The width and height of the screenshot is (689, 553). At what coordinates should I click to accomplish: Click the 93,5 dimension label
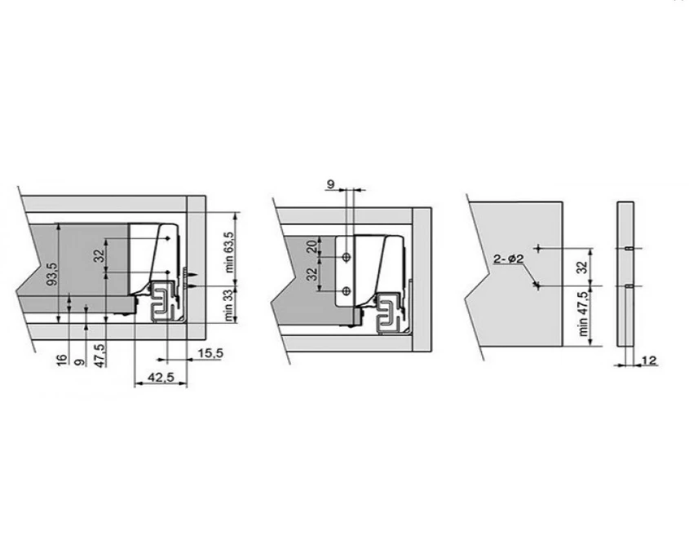[52, 273]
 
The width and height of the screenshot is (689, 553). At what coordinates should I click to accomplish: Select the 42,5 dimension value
[161, 377]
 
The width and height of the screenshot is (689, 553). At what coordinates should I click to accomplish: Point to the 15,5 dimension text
[210, 353]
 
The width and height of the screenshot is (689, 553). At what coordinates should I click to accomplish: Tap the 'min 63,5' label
[230, 252]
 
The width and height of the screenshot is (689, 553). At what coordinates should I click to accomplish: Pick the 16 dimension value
[63, 359]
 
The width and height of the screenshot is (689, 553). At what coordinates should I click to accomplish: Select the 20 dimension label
[311, 246]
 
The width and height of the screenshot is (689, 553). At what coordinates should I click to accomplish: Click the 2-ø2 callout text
[509, 259]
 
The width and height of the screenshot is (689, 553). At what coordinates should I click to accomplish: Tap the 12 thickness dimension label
[649, 361]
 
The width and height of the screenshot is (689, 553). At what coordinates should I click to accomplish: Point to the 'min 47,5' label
[584, 314]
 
